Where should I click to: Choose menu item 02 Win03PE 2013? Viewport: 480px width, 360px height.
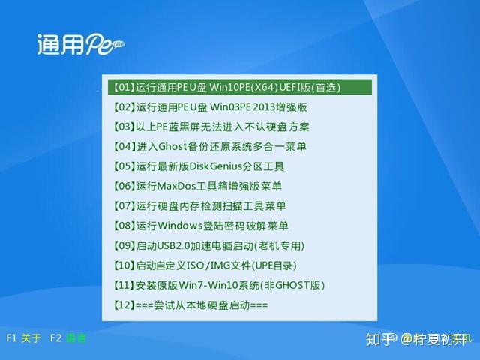pos(210,107)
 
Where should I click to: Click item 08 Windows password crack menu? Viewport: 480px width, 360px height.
pos(200,226)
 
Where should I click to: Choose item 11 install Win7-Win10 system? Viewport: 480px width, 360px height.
pos(218,286)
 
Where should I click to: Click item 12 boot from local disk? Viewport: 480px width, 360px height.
pos(190,305)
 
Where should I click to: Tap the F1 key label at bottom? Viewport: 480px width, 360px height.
pos(11,338)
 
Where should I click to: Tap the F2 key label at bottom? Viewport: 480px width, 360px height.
pos(55,338)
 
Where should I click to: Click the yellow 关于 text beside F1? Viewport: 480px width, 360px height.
pos(31,338)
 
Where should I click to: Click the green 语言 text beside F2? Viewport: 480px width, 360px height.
pos(76,338)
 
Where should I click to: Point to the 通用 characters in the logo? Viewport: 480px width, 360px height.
pos(59,45)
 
